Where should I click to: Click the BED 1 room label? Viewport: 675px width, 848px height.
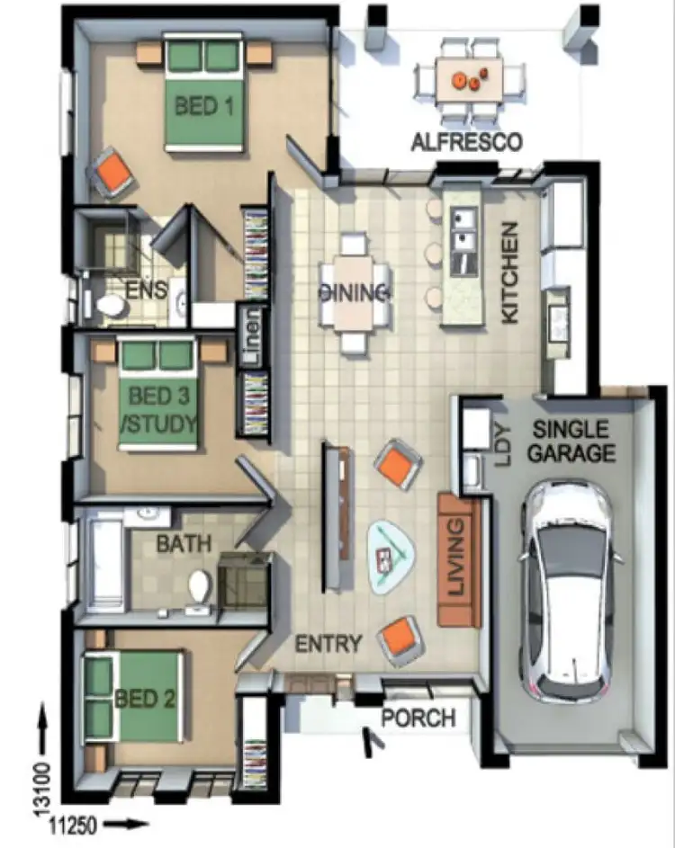pyautogui.click(x=203, y=106)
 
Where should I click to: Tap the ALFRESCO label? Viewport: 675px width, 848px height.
pyautogui.click(x=465, y=141)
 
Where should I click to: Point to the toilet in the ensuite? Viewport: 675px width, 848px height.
pyautogui.click(x=112, y=307)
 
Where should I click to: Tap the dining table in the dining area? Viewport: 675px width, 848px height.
pyautogui.click(x=355, y=293)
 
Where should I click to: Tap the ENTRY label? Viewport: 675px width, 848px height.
pyautogui.click(x=329, y=644)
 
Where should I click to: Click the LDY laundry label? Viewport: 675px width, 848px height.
pyautogui.click(x=501, y=444)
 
